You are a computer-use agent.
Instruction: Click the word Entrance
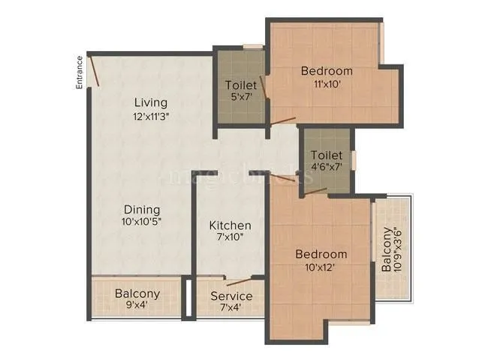(79, 73)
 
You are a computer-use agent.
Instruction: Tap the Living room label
(151, 102)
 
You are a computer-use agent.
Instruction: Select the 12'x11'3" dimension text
(151, 116)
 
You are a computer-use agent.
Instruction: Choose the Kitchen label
(230, 225)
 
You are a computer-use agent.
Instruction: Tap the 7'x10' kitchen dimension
(230, 238)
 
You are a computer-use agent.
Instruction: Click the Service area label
(231, 296)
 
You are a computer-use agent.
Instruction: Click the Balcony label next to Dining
(137, 293)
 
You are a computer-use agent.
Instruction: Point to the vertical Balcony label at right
(386, 250)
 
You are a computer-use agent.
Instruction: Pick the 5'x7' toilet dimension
(240, 97)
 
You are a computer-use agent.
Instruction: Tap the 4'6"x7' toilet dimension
(327, 168)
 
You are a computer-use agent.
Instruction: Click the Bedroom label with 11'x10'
(327, 71)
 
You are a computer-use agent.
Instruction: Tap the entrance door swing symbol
(94, 73)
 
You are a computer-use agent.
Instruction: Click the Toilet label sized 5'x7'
(240, 85)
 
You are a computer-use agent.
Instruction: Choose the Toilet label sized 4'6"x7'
(327, 154)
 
